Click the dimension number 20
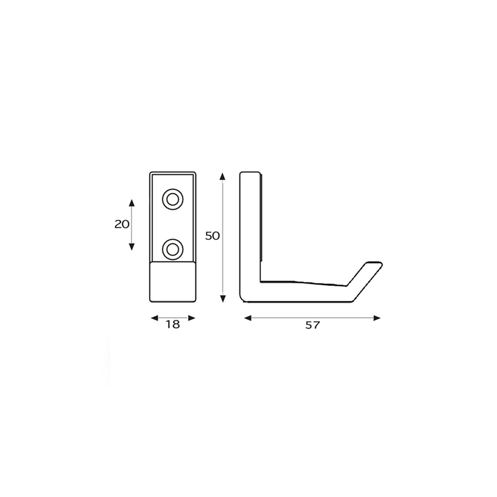[x=122, y=224]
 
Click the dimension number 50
[x=212, y=236]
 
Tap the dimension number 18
[x=173, y=325]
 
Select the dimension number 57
[x=312, y=325]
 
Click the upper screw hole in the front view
[x=173, y=199]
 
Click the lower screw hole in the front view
[x=173, y=249]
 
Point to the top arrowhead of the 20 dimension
[x=132, y=203]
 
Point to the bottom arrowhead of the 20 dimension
[x=132, y=246]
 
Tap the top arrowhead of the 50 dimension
[x=222, y=176]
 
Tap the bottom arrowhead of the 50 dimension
[x=222, y=299]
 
